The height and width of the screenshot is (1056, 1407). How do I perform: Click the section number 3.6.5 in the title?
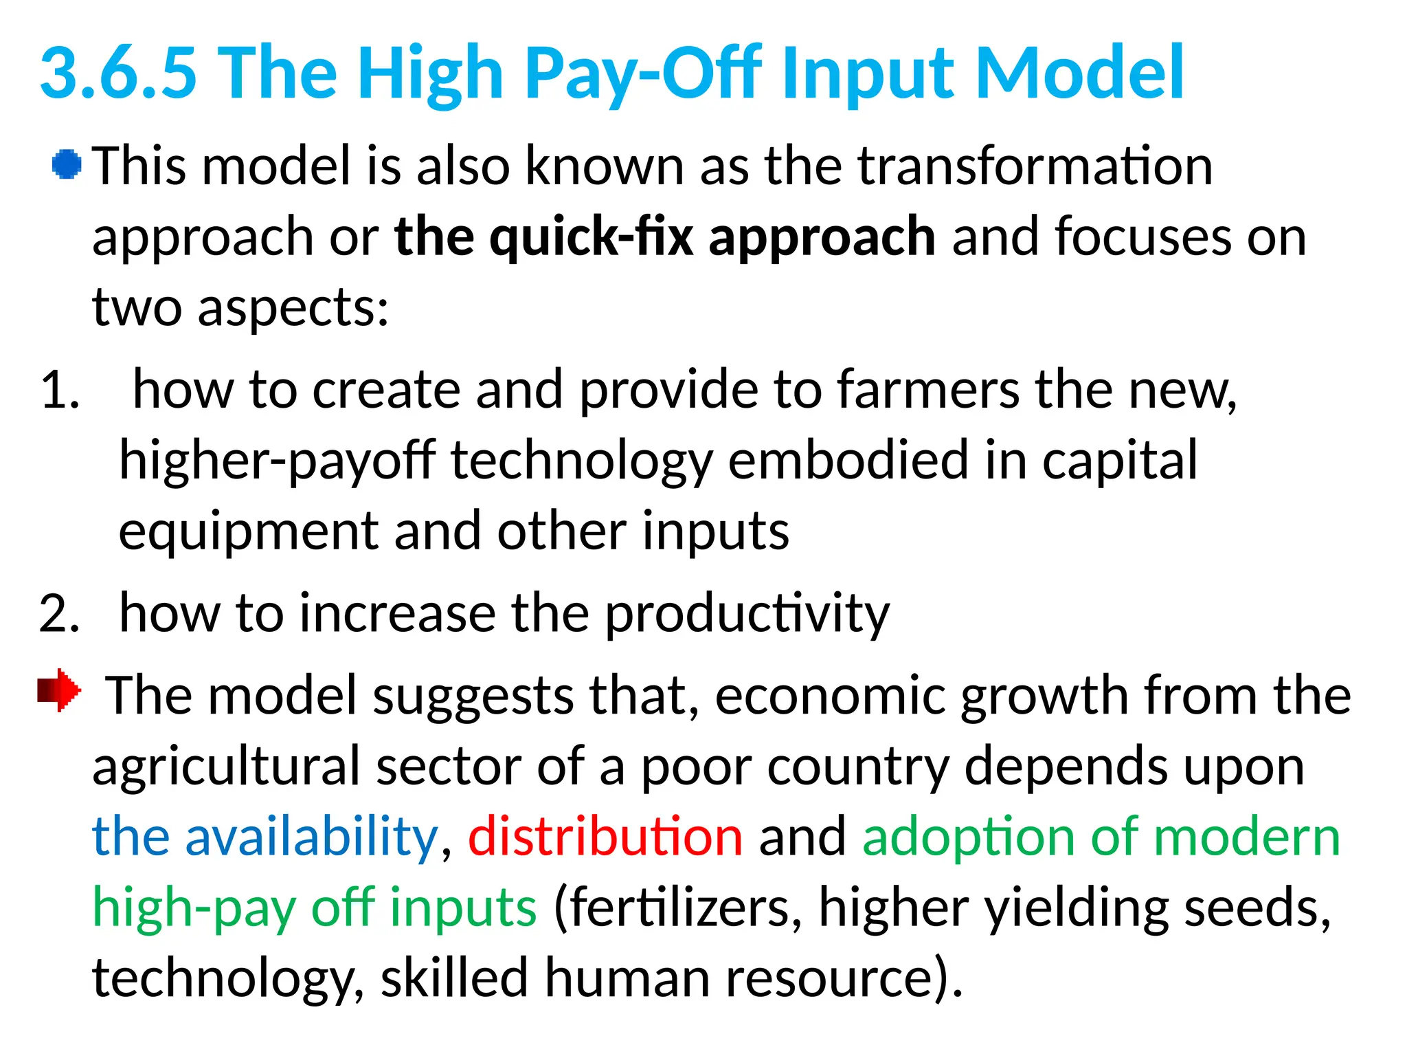tap(118, 72)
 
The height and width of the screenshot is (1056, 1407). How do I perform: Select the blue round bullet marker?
tap(67, 165)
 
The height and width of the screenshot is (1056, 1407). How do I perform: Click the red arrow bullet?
tap(59, 690)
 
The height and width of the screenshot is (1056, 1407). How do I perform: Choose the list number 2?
tap(60, 613)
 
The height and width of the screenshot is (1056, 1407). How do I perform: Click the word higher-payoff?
tap(277, 461)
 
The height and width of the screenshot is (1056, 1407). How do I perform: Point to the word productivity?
tap(747, 614)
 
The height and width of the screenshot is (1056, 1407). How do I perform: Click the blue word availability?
tap(311, 837)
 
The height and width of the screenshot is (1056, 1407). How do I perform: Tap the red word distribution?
tap(605, 837)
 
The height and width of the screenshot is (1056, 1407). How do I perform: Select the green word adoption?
tap(968, 837)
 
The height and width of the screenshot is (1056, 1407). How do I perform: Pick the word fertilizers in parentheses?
tap(678, 908)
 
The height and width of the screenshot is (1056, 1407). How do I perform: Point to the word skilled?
tap(454, 978)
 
